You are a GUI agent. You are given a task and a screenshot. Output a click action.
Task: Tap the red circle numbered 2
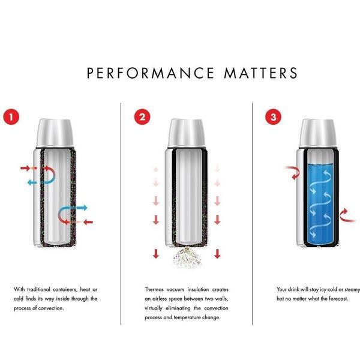click(142, 116)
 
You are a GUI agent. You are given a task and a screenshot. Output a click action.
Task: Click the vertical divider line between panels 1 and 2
click(121, 210)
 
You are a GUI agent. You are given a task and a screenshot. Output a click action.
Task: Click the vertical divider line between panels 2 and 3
click(252, 210)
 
